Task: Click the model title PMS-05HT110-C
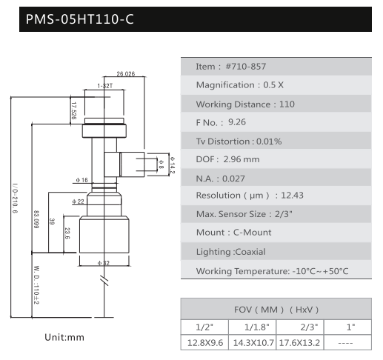(x=79, y=19)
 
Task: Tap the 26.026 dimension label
(x=126, y=74)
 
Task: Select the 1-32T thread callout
(x=105, y=86)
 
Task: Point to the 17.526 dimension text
(x=73, y=110)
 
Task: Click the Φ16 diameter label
(x=81, y=180)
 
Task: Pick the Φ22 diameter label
(x=78, y=201)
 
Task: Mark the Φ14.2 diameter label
(x=173, y=165)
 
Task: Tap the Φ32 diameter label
(x=104, y=263)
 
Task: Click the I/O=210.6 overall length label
(x=15, y=198)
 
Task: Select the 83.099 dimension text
(x=36, y=219)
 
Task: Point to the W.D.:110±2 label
(x=36, y=285)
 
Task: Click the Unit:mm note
(x=64, y=337)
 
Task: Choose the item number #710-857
(x=246, y=67)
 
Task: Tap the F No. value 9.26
(x=237, y=122)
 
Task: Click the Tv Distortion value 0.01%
(x=269, y=141)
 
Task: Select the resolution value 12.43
(x=292, y=196)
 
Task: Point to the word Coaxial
(x=250, y=252)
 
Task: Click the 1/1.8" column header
(x=256, y=327)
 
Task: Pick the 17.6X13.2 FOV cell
(x=299, y=343)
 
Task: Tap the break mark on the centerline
(x=104, y=280)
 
